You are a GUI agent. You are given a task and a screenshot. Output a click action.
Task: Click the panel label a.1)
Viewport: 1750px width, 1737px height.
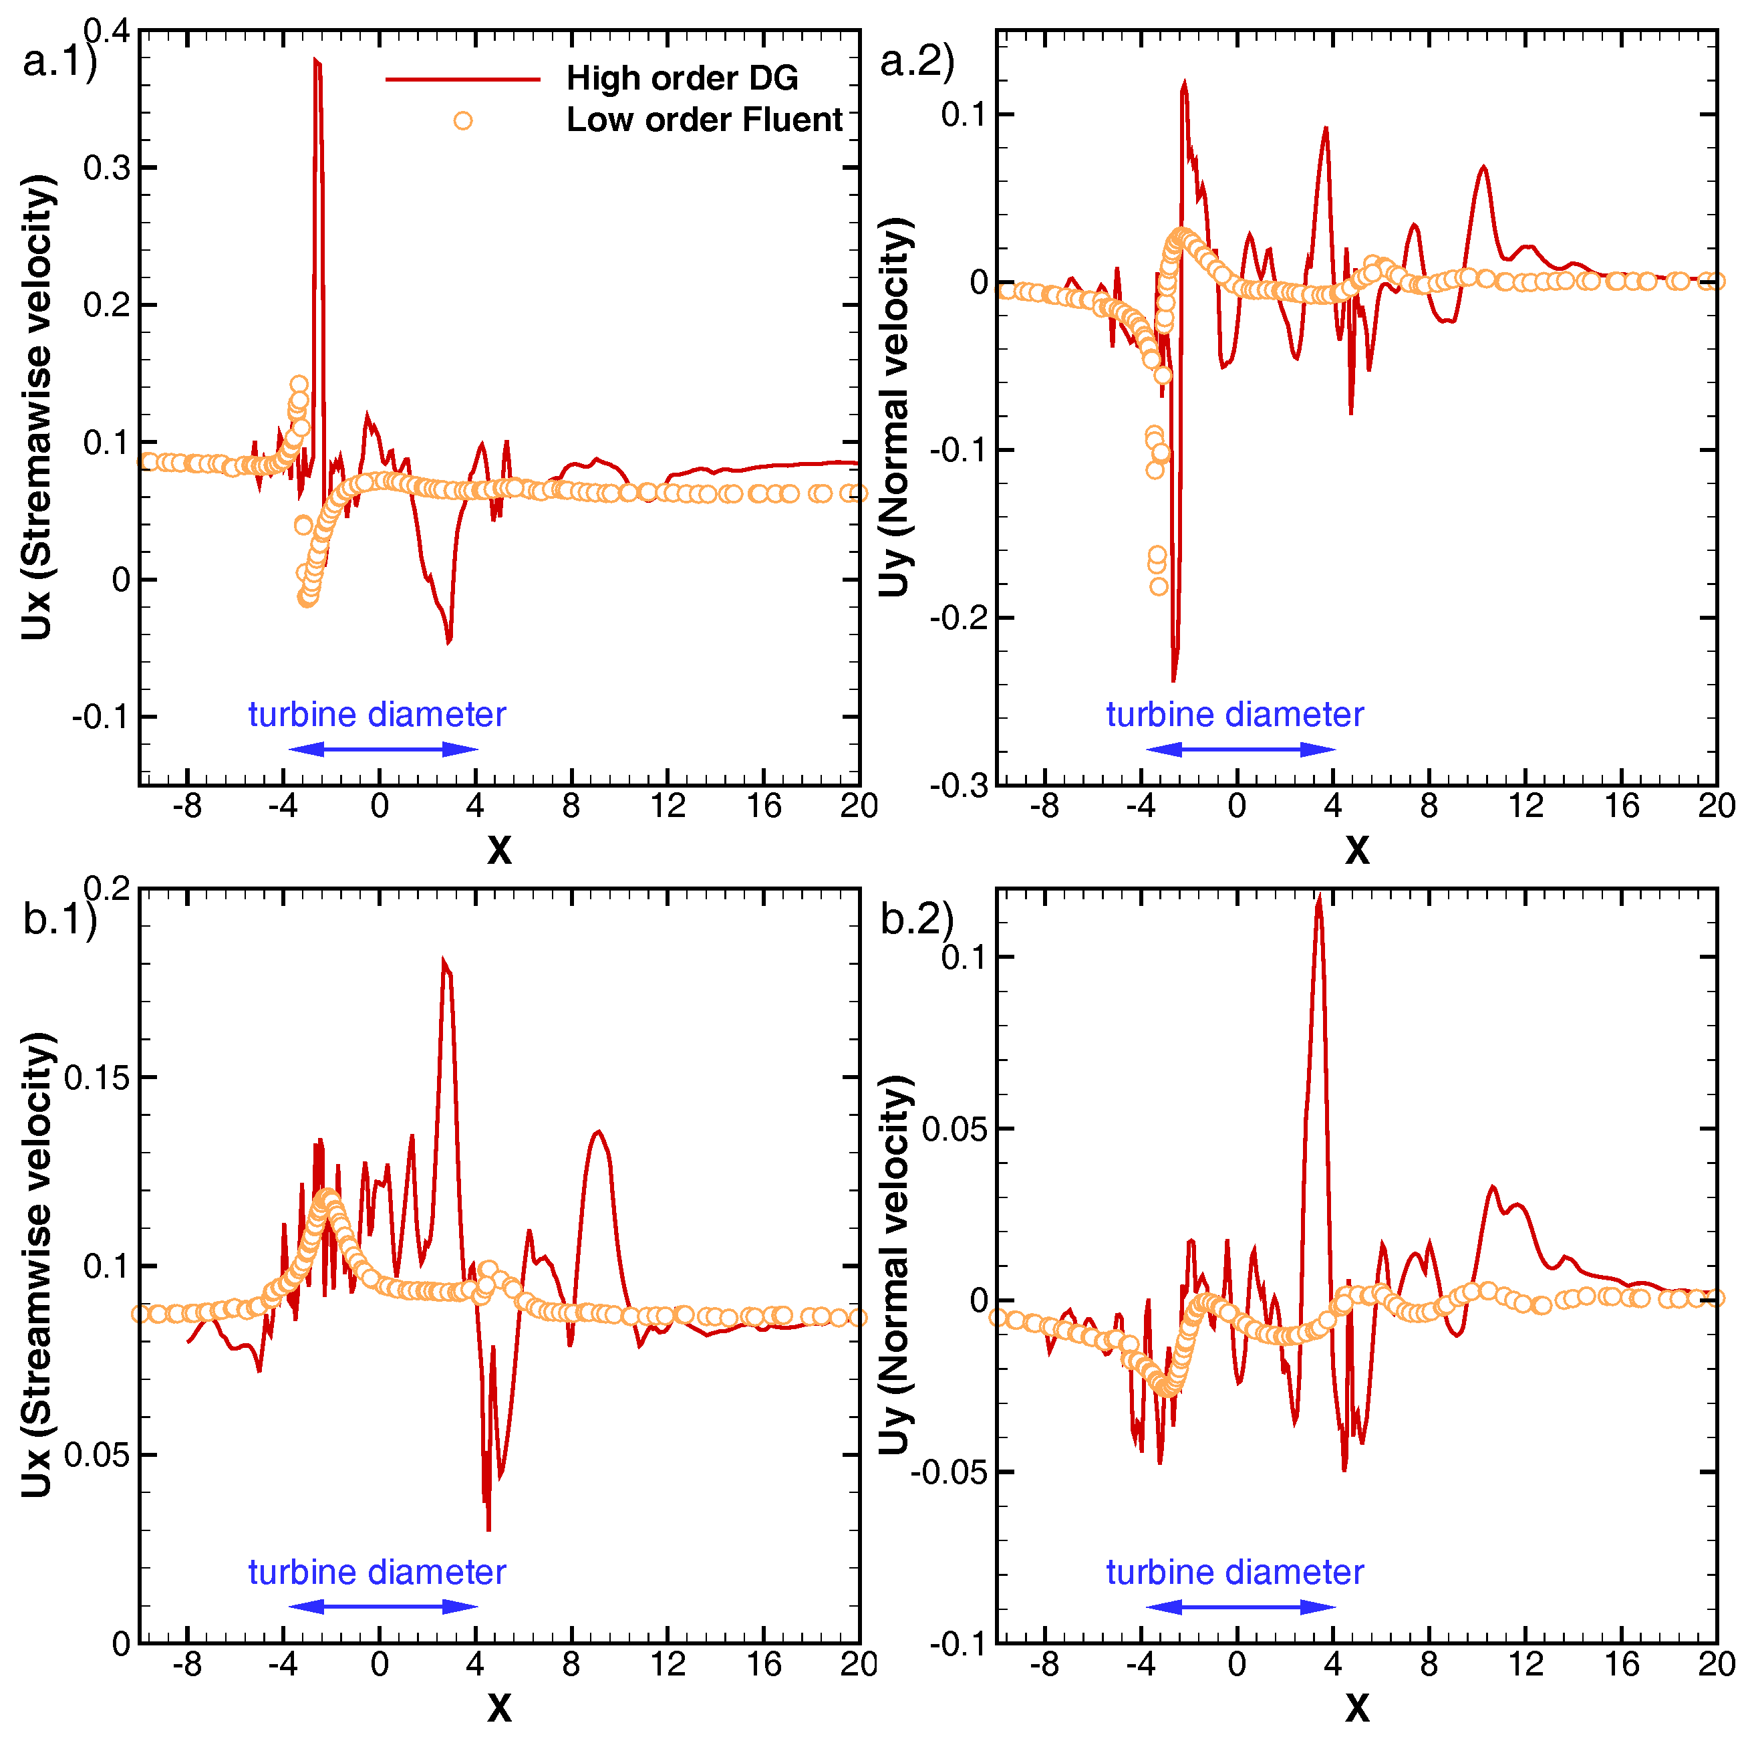(59, 62)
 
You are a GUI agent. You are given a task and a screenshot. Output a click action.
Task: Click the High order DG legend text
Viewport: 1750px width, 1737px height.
(682, 79)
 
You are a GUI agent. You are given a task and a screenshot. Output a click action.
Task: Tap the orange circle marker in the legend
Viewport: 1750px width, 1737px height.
(463, 120)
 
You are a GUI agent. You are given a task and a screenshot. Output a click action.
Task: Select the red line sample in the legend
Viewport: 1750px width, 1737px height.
(463, 80)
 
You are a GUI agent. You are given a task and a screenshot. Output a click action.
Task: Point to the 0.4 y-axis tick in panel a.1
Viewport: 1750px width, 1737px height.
(107, 31)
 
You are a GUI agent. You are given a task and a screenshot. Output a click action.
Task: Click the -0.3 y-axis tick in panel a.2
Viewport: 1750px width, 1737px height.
(958, 786)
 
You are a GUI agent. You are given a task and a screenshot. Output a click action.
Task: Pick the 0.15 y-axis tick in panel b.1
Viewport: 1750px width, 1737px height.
(97, 1077)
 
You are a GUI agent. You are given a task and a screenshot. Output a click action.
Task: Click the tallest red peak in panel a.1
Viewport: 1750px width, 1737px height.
(317, 62)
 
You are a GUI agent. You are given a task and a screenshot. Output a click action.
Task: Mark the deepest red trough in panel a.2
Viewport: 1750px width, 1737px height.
(1174, 679)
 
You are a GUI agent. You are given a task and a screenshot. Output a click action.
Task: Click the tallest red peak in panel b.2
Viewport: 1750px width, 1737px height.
(1320, 898)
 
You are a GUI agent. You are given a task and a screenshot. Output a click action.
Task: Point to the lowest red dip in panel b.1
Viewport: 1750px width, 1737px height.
(488, 1530)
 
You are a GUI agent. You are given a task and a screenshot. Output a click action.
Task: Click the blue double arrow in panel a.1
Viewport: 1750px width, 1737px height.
(383, 748)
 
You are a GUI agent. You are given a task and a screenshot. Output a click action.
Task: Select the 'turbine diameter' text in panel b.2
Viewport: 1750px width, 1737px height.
(1235, 1572)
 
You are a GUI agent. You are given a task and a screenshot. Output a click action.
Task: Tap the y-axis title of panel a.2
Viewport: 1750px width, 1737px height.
(895, 408)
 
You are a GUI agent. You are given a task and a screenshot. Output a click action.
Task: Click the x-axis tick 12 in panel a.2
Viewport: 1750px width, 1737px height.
(1525, 806)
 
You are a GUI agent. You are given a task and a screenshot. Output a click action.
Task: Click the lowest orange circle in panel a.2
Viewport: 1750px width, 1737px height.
(1159, 587)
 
